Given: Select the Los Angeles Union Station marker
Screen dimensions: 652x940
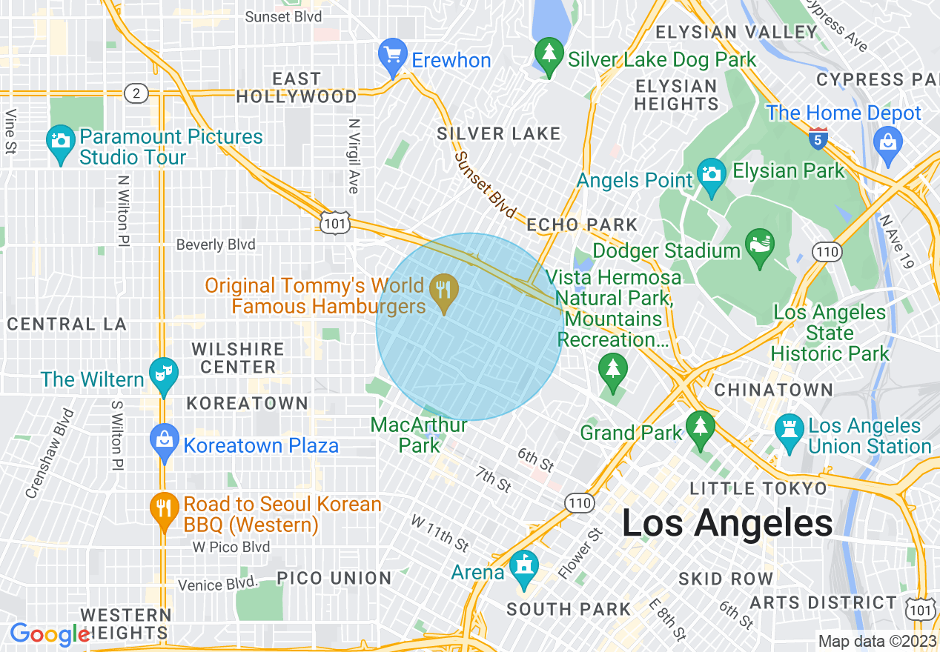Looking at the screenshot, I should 789,433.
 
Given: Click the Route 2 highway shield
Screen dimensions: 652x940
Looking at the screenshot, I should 136,93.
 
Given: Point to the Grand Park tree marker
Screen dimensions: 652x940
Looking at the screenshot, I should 699,429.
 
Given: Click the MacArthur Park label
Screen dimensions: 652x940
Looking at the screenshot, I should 419,435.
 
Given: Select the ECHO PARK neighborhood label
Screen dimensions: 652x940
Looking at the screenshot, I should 582,224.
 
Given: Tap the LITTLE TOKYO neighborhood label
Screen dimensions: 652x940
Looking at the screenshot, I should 758,488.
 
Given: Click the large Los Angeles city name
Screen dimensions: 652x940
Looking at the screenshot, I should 726,524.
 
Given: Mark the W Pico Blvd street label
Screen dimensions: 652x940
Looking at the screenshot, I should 231,547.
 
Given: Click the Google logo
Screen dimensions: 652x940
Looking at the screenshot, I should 49,634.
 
